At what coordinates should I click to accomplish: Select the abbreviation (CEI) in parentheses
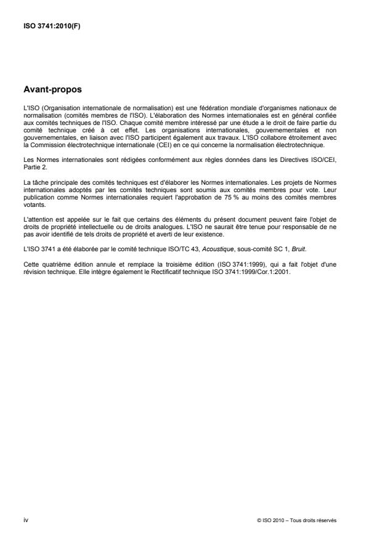(x=145, y=148)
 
